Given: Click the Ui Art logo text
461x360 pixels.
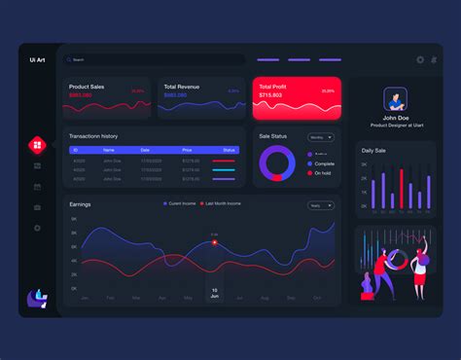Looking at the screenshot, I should [x=37, y=60].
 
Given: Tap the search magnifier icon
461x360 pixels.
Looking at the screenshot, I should [x=68, y=59].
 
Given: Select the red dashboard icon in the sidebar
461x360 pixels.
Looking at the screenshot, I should [x=37, y=145].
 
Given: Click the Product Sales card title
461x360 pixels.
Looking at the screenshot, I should [x=87, y=87].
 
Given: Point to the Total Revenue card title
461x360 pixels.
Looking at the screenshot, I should [x=183, y=87].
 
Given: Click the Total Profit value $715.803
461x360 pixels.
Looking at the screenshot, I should [x=271, y=95].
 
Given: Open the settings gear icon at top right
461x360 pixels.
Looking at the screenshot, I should [x=420, y=59].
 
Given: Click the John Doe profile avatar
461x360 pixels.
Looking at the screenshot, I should [x=395, y=99].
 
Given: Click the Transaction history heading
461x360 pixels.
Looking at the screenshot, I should [x=94, y=135].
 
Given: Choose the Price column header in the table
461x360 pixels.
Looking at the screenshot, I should [x=186, y=150].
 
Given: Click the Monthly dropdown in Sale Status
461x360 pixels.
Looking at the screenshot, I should [x=322, y=137].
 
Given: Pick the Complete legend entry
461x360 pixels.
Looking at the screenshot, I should [x=323, y=163].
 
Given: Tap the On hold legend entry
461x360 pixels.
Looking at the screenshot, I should [x=322, y=172].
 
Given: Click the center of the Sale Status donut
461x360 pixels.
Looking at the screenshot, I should [x=277, y=163].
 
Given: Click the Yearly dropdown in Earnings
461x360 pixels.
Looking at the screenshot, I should [x=322, y=205].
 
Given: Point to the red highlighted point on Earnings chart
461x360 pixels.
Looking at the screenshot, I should [x=215, y=242].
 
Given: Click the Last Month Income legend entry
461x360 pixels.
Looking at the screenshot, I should [x=224, y=203].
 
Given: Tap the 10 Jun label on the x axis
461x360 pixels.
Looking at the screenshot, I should [x=214, y=294].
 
